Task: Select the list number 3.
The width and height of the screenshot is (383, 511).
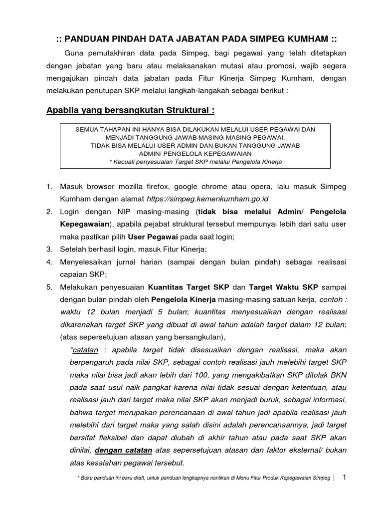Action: (49, 249)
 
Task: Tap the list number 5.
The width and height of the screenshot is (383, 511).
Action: (49, 287)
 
